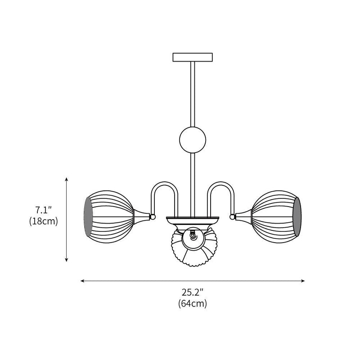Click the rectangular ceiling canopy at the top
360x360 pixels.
click(x=193, y=57)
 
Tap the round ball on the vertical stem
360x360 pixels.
click(x=193, y=139)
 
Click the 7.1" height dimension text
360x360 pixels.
click(x=44, y=210)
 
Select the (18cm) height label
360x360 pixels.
click(x=44, y=221)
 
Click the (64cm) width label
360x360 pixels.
click(x=193, y=303)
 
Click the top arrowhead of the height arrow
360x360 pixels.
click(x=67, y=179)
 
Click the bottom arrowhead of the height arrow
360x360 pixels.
click(x=67, y=260)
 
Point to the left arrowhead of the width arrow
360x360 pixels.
click(x=82, y=281)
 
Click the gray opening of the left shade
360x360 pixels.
click(x=89, y=217)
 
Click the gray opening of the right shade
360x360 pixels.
click(x=297, y=217)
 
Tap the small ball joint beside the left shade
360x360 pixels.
click(x=153, y=217)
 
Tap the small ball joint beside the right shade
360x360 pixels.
click(x=233, y=217)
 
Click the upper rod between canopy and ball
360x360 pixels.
click(x=193, y=94)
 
